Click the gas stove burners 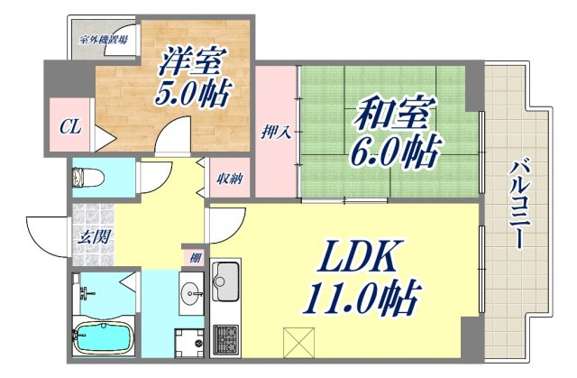point(225,339)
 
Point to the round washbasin point(191,293)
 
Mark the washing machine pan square point(190,342)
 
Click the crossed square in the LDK point(297,340)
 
